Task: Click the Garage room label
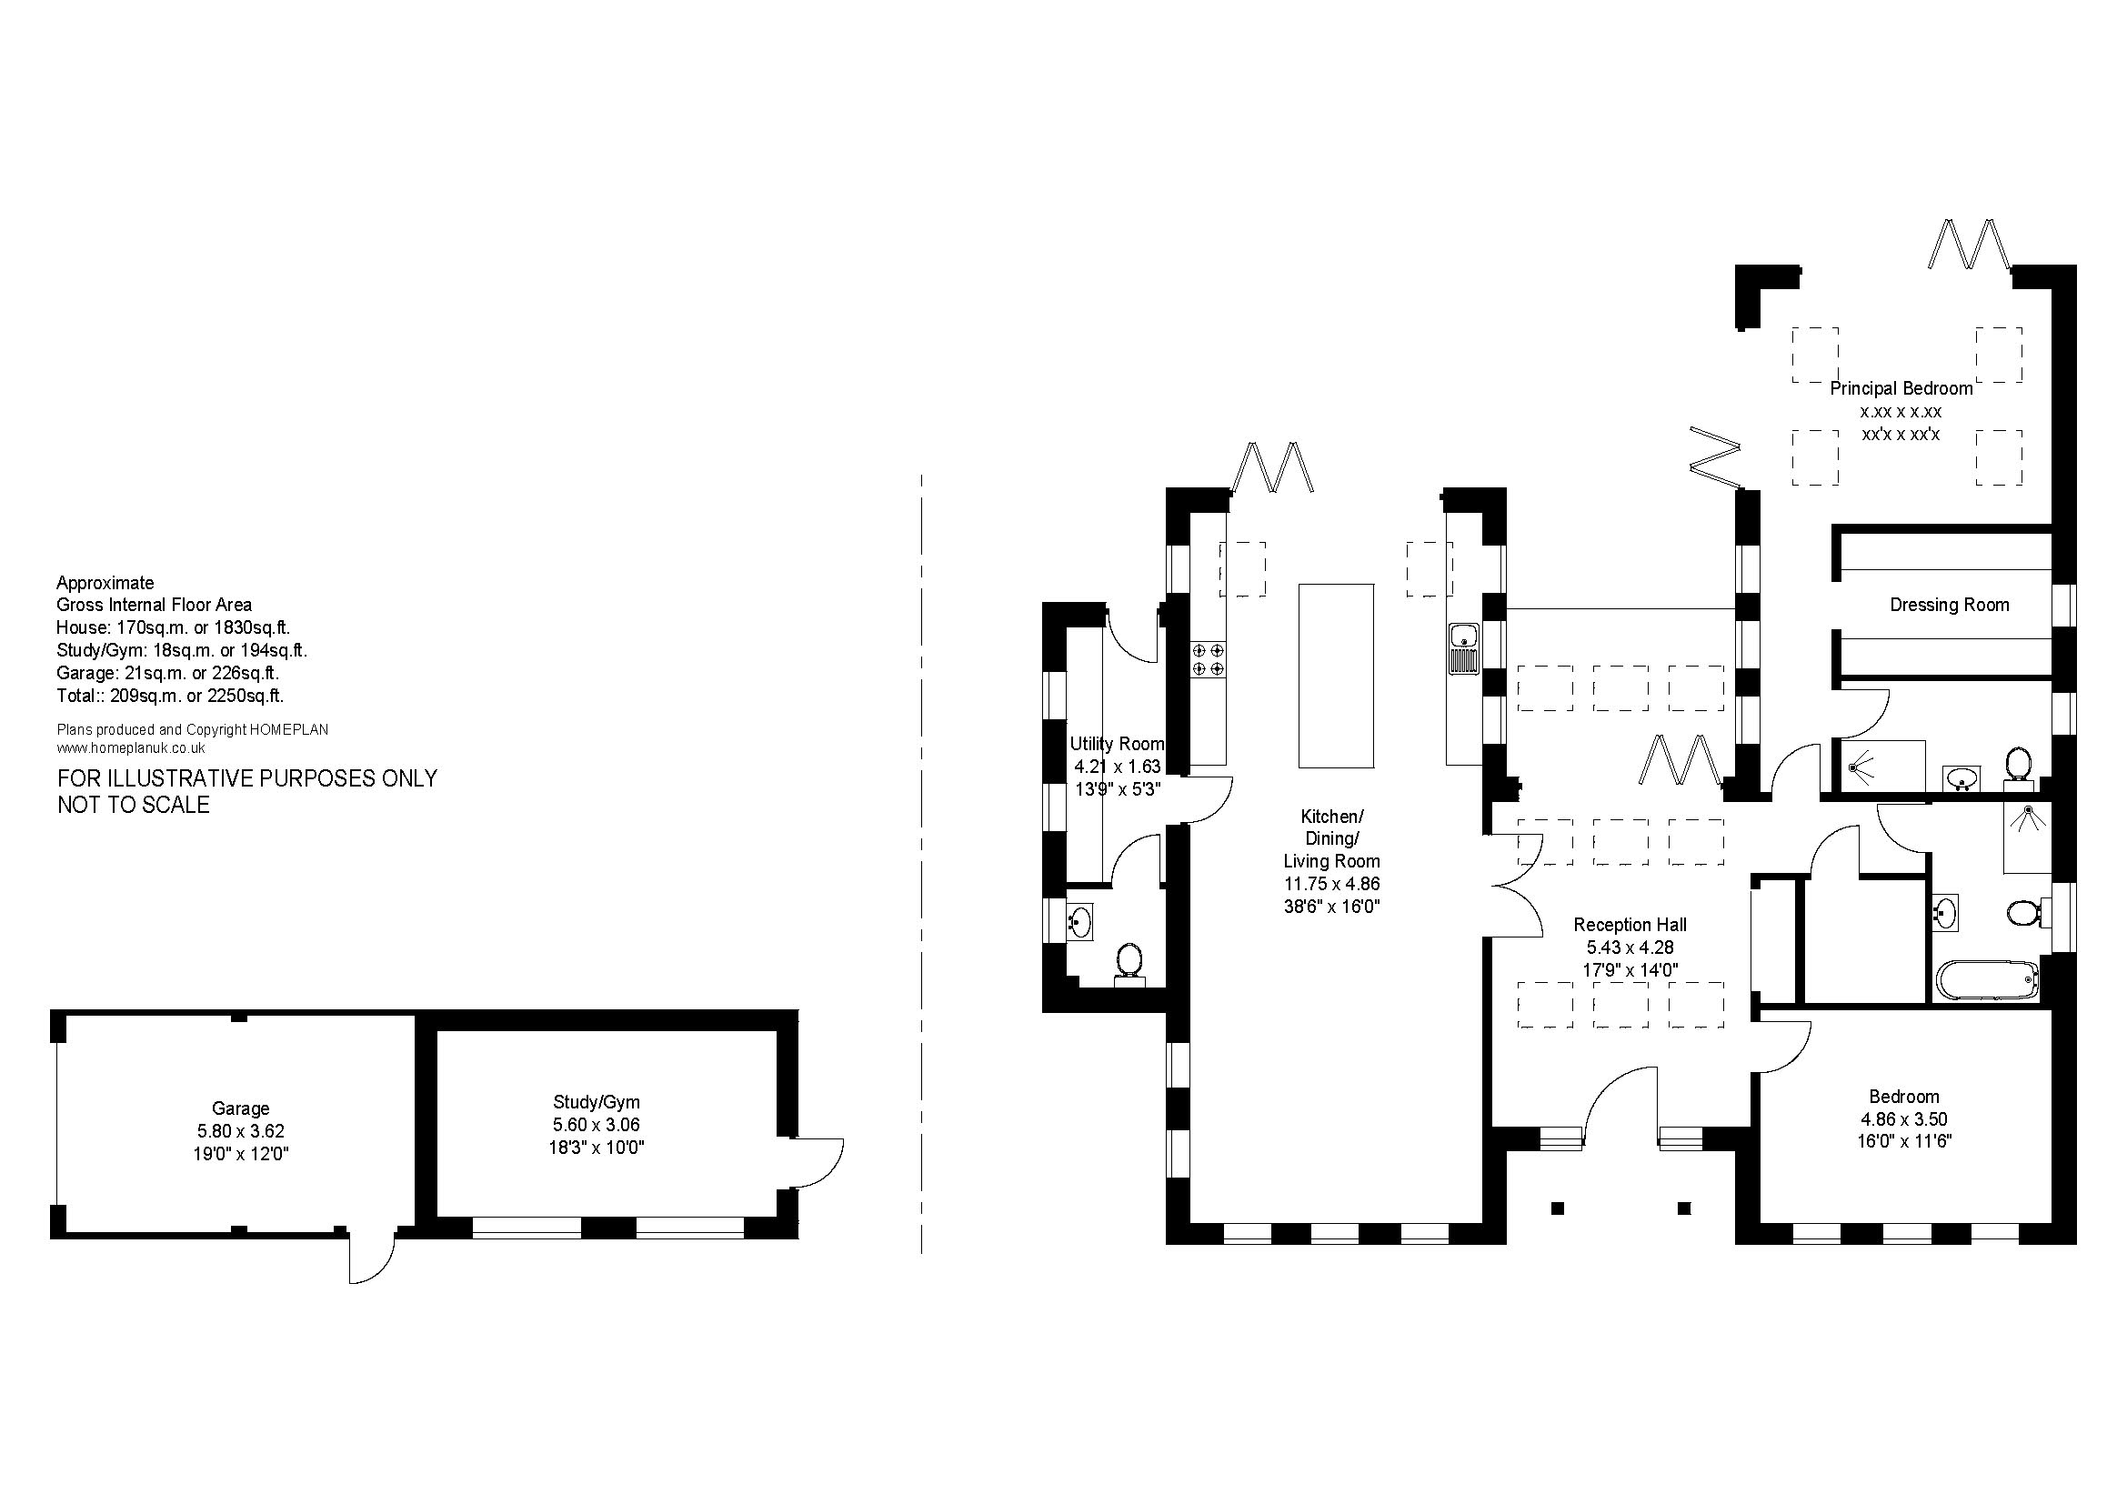click(x=241, y=1108)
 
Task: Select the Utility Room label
click(x=1118, y=744)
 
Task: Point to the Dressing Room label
click(x=1950, y=605)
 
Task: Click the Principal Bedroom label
click(x=1901, y=389)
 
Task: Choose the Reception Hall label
click(x=1630, y=924)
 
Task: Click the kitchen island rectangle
click(x=1336, y=675)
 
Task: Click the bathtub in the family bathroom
click(x=1988, y=981)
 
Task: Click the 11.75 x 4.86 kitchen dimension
click(x=1332, y=884)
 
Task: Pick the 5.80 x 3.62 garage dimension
click(x=241, y=1131)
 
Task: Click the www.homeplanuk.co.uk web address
click(x=131, y=747)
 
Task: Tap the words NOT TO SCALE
click(x=134, y=805)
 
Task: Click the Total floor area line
click(x=170, y=696)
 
